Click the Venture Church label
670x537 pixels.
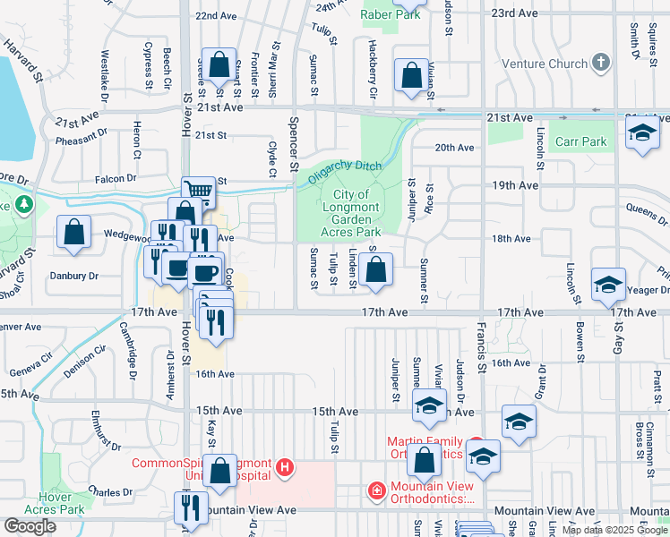[x=545, y=64]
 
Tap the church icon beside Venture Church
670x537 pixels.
[x=600, y=64]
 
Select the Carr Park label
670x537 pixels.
[x=581, y=141]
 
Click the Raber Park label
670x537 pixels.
[x=390, y=13]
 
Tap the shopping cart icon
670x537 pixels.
[x=198, y=190]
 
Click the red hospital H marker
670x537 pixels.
[x=285, y=466]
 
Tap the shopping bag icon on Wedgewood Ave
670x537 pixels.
[x=73, y=231]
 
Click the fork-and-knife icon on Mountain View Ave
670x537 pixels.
[x=191, y=507]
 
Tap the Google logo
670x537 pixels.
[x=30, y=526]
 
